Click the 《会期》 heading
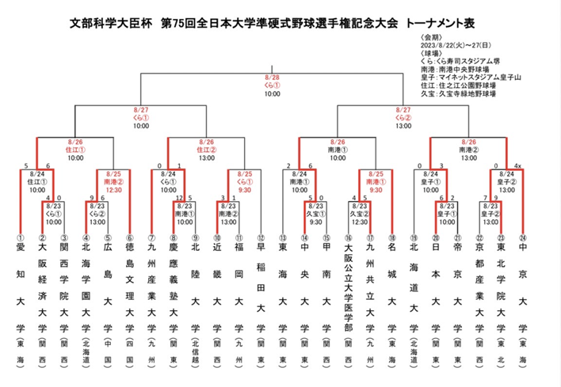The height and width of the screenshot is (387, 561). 423,36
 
